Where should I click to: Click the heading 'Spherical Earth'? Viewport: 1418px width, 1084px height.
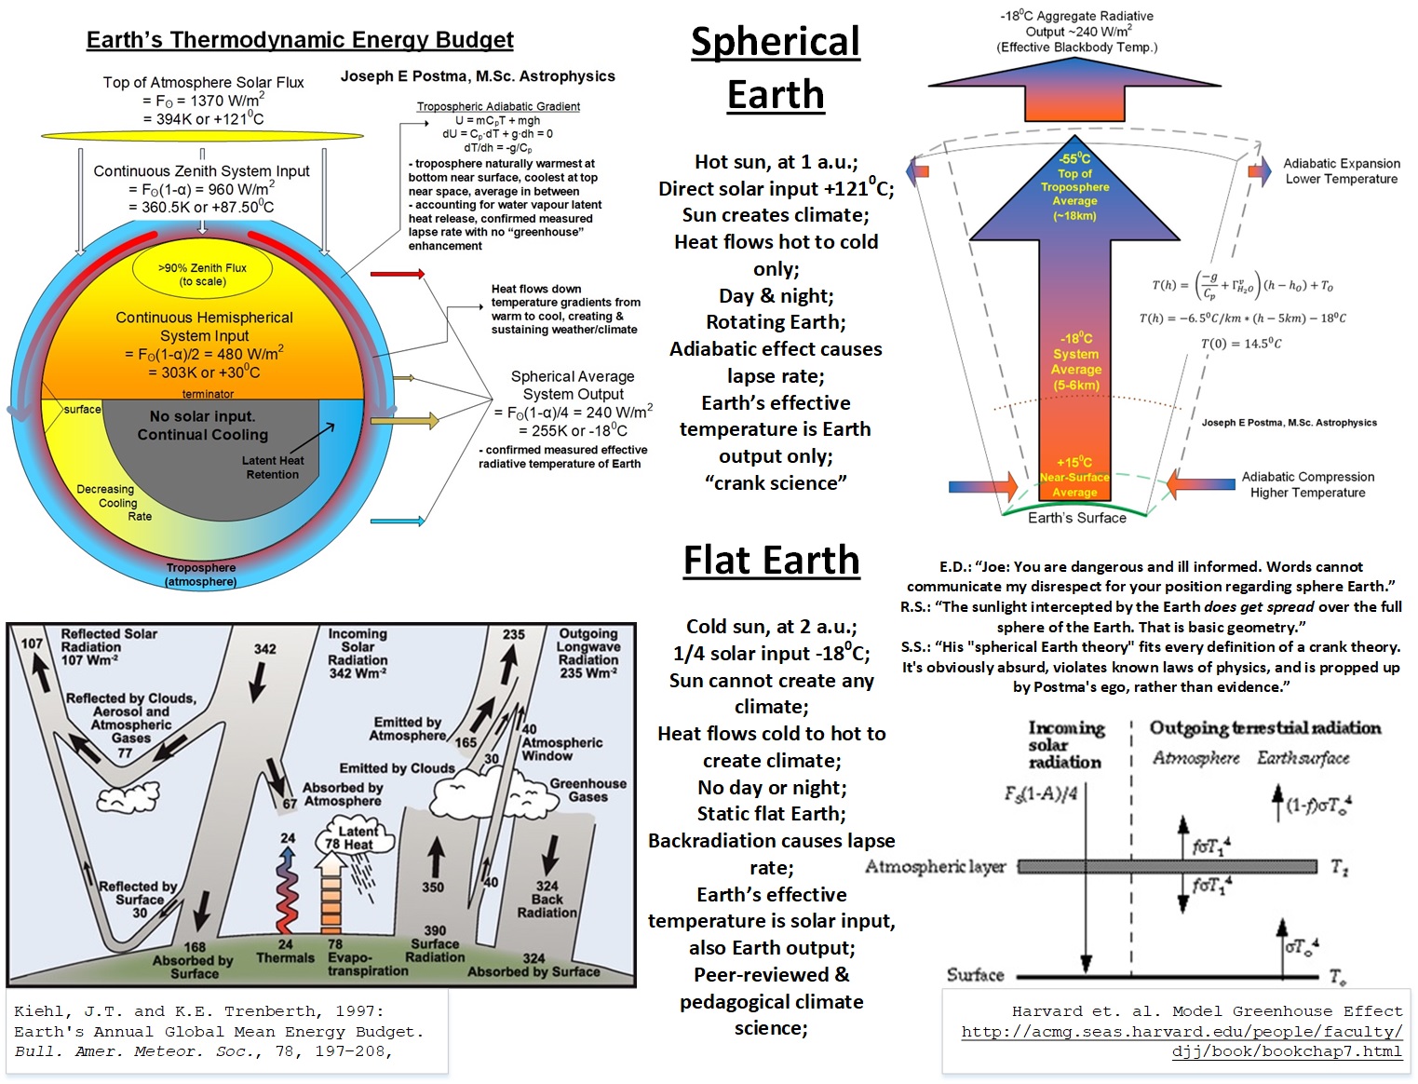776,68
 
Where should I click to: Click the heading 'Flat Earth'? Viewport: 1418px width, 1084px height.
771,561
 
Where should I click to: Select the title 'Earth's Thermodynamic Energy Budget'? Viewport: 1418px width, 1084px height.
300,40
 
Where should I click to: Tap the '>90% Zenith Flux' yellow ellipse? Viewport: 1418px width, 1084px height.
202,274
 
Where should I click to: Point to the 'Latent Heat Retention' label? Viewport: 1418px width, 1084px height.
272,467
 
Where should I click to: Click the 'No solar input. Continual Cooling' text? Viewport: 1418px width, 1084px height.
202,426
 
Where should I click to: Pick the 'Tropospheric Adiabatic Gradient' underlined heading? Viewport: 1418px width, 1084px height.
498,107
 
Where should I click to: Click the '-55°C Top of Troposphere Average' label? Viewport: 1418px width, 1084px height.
1074,187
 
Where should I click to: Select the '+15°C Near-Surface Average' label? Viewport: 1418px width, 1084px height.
1074,477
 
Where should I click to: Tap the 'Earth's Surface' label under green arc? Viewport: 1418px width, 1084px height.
1077,518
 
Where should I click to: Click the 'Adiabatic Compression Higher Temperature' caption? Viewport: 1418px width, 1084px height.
1307,484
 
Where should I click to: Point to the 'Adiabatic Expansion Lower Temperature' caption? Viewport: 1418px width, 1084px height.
1341,171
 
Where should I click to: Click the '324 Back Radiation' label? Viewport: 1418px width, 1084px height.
547,900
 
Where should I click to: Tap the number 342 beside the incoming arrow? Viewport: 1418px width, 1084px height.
265,649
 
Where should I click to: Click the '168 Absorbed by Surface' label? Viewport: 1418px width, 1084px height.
195,960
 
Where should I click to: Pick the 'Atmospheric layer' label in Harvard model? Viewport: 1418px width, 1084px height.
935,867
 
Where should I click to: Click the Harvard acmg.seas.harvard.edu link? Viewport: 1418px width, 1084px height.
1182,1041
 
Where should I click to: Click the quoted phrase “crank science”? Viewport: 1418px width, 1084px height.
776,483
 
